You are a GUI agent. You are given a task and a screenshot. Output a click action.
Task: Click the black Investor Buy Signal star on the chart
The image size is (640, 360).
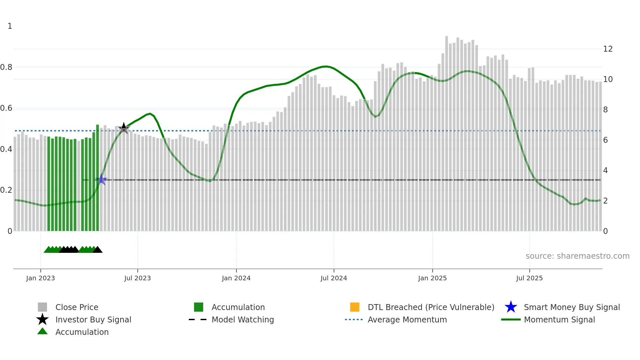(x=124, y=128)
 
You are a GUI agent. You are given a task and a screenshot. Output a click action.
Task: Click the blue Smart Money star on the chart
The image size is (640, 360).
(x=102, y=180)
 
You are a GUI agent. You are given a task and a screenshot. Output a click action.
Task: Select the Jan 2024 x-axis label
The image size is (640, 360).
(x=236, y=278)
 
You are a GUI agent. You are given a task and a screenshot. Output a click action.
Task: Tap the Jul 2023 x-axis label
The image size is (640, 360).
(x=137, y=278)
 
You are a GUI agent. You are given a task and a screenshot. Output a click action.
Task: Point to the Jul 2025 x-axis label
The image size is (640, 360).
(x=529, y=278)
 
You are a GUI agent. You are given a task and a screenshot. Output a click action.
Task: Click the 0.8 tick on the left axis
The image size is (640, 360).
(x=6, y=67)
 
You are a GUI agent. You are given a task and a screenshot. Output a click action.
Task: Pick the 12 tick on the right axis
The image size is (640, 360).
(x=608, y=49)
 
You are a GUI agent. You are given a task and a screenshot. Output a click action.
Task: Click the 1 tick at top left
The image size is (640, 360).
(x=10, y=26)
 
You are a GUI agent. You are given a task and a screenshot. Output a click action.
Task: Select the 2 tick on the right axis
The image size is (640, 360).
(x=605, y=201)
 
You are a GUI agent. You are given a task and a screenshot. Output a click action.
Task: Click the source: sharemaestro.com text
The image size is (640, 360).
(x=577, y=256)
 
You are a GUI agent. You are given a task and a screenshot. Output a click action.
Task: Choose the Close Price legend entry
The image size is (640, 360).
(x=77, y=307)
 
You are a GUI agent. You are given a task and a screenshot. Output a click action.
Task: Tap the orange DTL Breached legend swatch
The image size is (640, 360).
(x=355, y=307)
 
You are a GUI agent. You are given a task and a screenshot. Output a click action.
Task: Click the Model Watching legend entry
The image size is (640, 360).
(x=243, y=320)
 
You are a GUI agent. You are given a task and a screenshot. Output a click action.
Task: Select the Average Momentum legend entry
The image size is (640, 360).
(x=407, y=320)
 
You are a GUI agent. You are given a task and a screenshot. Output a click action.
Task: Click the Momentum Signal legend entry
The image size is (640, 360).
(x=559, y=320)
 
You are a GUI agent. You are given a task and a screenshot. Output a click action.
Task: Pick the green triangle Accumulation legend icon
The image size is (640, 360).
(x=42, y=332)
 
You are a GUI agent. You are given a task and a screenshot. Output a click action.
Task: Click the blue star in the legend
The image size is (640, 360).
(x=511, y=307)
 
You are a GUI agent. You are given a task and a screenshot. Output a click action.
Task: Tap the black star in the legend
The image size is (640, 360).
(x=42, y=319)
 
